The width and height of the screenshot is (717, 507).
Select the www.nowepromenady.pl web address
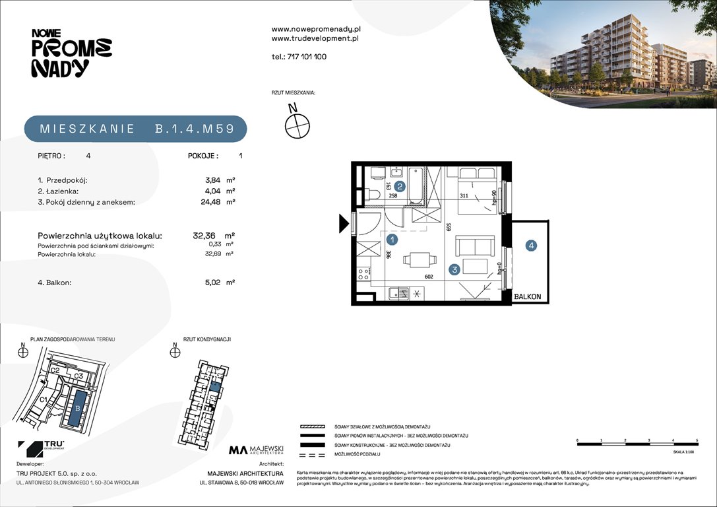316,29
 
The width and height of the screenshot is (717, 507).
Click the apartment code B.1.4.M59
195,129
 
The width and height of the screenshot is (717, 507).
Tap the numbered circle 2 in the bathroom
399,187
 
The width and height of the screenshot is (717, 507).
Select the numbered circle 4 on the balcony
531,246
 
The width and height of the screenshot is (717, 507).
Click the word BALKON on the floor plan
528,297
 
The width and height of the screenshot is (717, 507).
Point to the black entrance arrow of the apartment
344,224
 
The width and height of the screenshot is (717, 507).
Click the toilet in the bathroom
373,194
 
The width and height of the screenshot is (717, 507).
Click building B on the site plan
78,408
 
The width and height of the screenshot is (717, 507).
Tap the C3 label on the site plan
78,376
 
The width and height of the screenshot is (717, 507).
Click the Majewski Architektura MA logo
238,450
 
